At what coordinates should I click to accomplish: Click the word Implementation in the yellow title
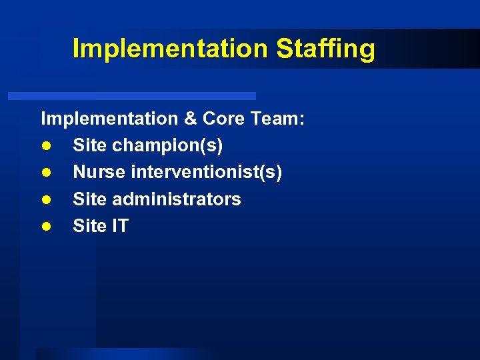pos(170,49)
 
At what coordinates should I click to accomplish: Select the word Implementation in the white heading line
pos(107,119)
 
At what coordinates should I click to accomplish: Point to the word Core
pos(225,119)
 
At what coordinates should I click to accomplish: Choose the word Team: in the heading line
pos(279,119)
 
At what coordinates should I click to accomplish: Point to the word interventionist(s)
pos(207,173)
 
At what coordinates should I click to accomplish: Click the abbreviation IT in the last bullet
pos(120,227)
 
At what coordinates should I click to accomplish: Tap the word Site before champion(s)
pos(89,145)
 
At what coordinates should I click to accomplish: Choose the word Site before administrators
pos(89,199)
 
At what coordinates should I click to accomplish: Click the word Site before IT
pos(89,227)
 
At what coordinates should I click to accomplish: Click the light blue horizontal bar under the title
pos(132,96)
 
